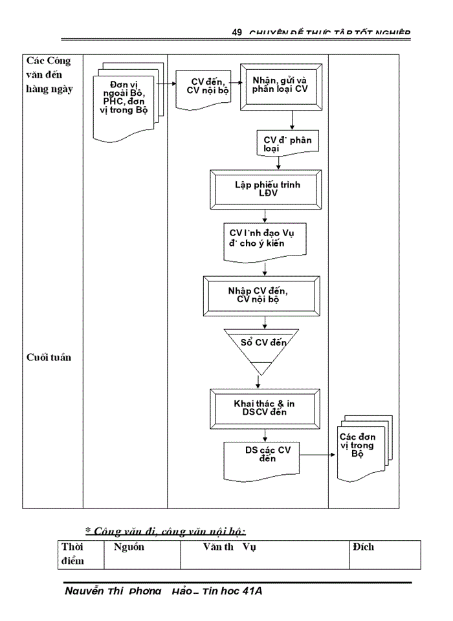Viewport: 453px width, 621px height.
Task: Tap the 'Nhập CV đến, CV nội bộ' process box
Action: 261,295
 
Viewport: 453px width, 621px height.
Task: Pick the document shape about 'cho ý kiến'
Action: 265,241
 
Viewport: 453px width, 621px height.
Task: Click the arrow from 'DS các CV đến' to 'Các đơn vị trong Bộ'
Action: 318,454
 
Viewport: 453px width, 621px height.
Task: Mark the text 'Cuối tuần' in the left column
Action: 49,357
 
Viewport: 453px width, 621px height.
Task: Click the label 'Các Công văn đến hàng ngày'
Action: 49,74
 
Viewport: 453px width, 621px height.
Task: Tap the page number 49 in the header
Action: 236,33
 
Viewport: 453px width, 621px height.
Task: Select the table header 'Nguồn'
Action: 129,547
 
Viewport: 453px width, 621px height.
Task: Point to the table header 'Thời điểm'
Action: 72,554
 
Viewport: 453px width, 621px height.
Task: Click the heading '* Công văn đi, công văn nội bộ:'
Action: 166,531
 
